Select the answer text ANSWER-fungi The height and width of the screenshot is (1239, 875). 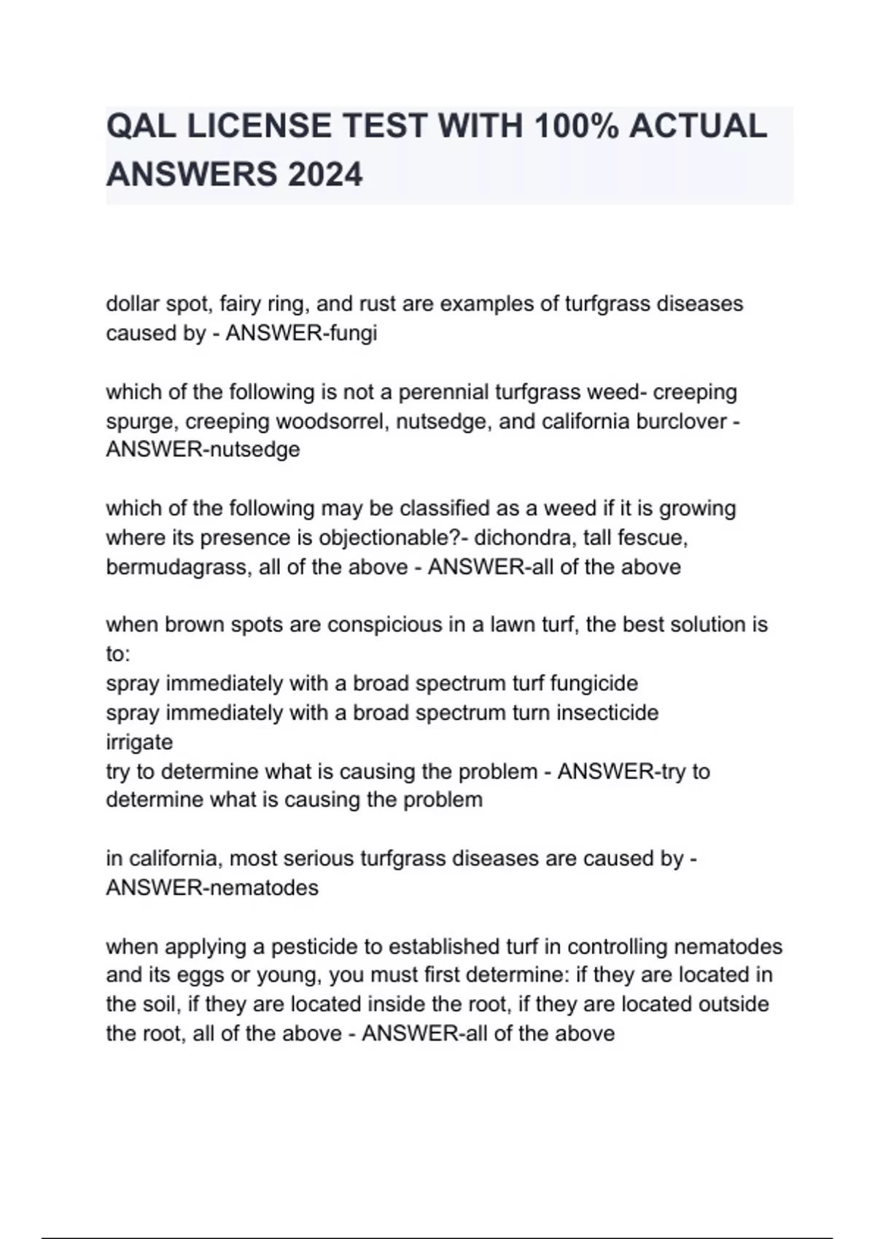coord(301,333)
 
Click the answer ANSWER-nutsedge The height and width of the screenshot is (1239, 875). coord(203,450)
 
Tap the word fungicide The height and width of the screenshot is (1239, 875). coord(594,684)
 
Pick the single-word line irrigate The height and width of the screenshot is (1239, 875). coord(139,742)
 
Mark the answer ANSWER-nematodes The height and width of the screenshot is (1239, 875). coord(212,888)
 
